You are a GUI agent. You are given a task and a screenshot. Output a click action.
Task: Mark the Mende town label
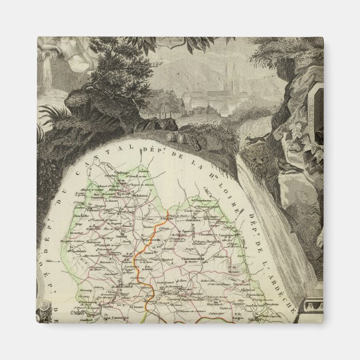tap(168, 292)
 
